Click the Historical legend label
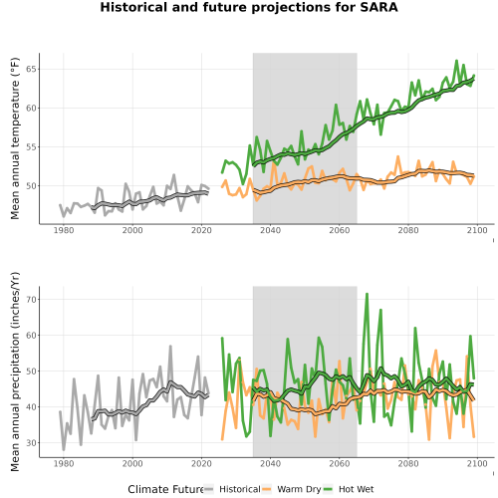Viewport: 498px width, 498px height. coord(240,489)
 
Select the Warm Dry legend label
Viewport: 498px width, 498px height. coord(299,489)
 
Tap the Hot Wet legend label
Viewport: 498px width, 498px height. coord(356,489)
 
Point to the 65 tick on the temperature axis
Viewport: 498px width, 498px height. coord(31,69)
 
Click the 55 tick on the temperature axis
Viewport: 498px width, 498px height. coord(31,147)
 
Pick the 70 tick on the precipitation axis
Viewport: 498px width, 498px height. coord(31,300)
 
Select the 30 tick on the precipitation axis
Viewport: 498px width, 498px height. coord(31,443)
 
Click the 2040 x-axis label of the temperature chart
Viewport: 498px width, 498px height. coord(270,230)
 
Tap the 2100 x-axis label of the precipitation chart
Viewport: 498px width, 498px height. coord(477,463)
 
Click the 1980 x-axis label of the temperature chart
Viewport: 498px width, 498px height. coord(64,230)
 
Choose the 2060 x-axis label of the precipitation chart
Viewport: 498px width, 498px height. coord(340,463)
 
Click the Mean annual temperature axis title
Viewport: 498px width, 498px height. coord(15,138)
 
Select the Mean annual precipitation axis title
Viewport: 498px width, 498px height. coord(15,372)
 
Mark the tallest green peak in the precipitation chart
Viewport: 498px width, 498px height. coord(367,294)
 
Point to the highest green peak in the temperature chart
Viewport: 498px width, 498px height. coord(456,61)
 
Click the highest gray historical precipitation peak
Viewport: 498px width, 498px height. coord(170,346)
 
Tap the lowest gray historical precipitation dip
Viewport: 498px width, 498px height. coord(64,450)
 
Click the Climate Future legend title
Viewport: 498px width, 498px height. coord(165,489)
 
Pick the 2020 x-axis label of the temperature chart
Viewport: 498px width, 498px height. coord(201,230)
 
